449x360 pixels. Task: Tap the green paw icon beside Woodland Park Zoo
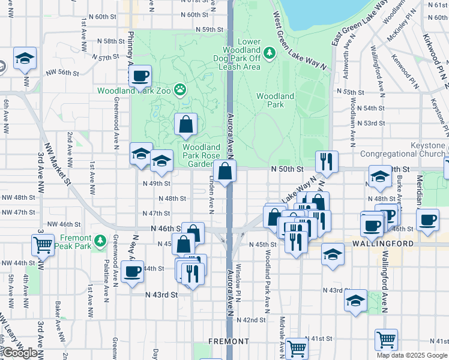point(180,90)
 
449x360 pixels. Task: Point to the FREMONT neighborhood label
point(229,341)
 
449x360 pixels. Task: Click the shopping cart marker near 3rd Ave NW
point(43,245)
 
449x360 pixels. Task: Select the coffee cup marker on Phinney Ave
point(140,76)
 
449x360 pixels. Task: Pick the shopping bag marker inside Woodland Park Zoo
point(186,124)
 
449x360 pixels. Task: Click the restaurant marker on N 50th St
point(327,161)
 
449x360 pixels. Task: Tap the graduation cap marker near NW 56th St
point(25,59)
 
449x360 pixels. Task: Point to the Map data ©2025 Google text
point(411,355)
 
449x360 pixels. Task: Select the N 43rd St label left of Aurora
point(162,295)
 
